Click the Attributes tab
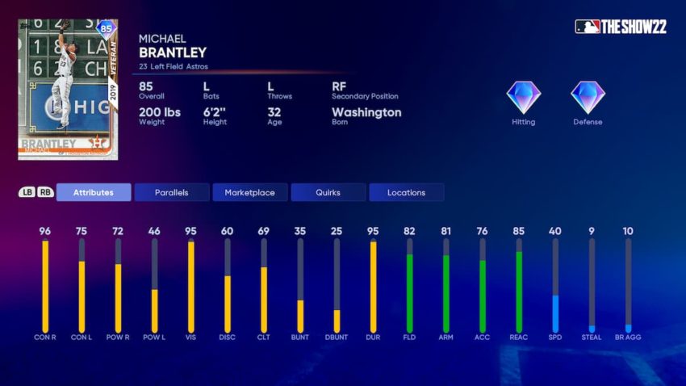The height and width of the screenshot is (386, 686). pos(94,192)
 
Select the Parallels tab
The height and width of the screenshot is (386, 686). pos(172,192)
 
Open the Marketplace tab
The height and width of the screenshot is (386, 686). pos(250,192)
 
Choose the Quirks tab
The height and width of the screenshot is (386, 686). pos(328,192)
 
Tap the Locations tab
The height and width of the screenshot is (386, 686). pos(406,192)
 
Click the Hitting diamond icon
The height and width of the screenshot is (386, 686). pos(524,98)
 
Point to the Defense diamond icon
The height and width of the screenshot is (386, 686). pos(588,98)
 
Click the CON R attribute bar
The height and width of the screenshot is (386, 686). pos(45,286)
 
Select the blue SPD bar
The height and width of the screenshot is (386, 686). pos(555,313)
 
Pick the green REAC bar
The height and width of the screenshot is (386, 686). pos(518,292)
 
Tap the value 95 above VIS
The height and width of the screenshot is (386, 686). pos(190,231)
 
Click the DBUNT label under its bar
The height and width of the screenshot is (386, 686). pos(337,337)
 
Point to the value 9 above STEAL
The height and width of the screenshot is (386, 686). pos(592,231)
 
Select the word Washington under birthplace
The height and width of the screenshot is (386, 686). pos(366,112)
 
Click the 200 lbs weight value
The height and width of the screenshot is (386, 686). pos(160,112)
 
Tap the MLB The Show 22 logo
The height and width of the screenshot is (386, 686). pos(621,27)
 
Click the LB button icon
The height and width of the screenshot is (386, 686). pos(27,192)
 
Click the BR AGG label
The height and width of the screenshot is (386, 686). pos(628,337)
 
